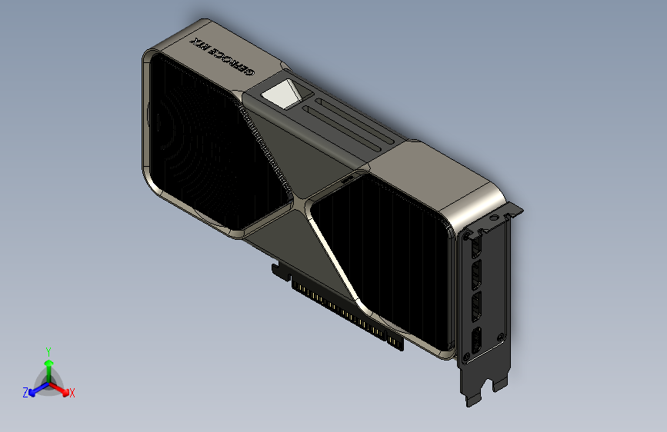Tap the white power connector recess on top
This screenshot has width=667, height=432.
click(282, 95)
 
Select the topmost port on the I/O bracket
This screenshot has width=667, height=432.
click(475, 246)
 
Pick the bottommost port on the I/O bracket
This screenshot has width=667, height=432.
click(476, 341)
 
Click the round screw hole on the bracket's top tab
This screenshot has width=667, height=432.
click(492, 218)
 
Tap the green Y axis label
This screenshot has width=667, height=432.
click(48, 351)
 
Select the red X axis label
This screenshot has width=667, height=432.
click(72, 393)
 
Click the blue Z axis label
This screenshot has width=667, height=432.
click(25, 392)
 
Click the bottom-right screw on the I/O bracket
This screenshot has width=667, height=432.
click(501, 337)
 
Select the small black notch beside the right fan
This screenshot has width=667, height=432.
click(348, 178)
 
